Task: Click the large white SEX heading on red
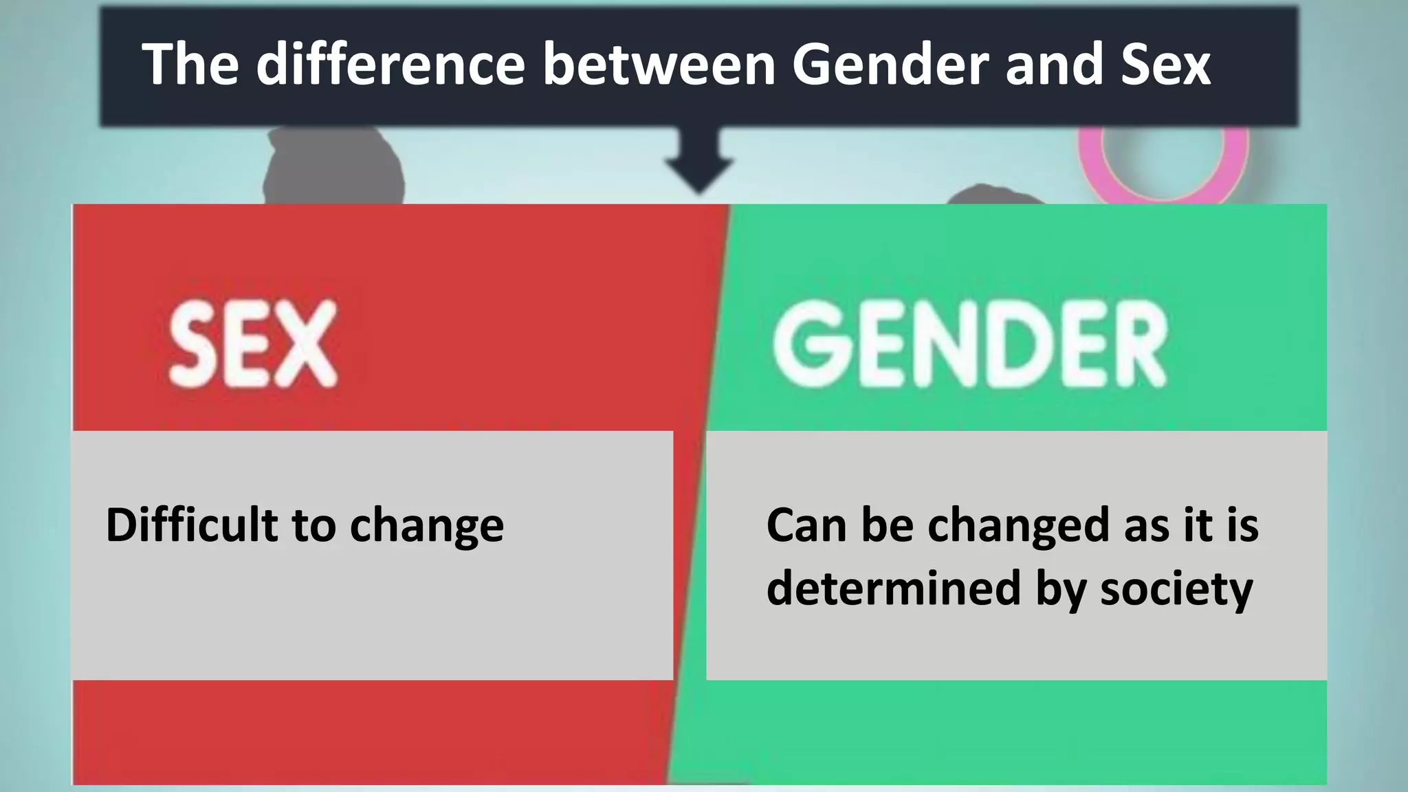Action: (253, 344)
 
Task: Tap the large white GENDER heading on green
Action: (969, 344)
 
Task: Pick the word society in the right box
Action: (1176, 590)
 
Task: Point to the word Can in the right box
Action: (806, 526)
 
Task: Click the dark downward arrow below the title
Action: (698, 162)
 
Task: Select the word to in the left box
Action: (314, 526)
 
